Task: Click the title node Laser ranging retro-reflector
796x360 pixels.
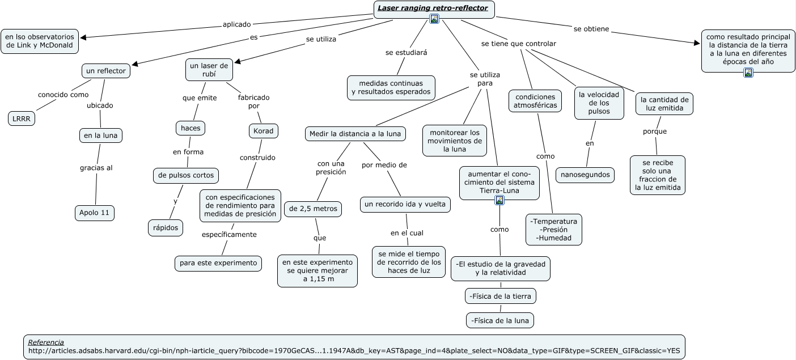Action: [434, 8]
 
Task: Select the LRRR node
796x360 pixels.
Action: [22, 118]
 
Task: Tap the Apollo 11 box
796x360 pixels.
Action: [95, 213]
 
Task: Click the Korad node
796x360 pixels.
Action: [263, 131]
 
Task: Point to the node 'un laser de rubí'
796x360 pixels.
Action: [209, 70]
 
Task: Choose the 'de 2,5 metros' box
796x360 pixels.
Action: [313, 209]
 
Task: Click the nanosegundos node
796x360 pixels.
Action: [585, 175]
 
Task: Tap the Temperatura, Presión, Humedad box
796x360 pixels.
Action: [554, 229]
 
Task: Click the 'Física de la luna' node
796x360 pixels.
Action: [500, 320]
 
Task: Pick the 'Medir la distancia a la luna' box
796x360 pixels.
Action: [355, 134]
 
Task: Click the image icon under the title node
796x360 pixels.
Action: [434, 19]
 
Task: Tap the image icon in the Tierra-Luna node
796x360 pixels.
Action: [499, 200]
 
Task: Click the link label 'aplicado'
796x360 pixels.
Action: [236, 24]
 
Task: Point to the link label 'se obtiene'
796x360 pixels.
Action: [591, 28]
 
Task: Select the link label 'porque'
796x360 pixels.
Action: [655, 132]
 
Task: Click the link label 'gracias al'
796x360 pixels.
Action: [96, 167]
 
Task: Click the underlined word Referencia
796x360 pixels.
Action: [46, 342]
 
